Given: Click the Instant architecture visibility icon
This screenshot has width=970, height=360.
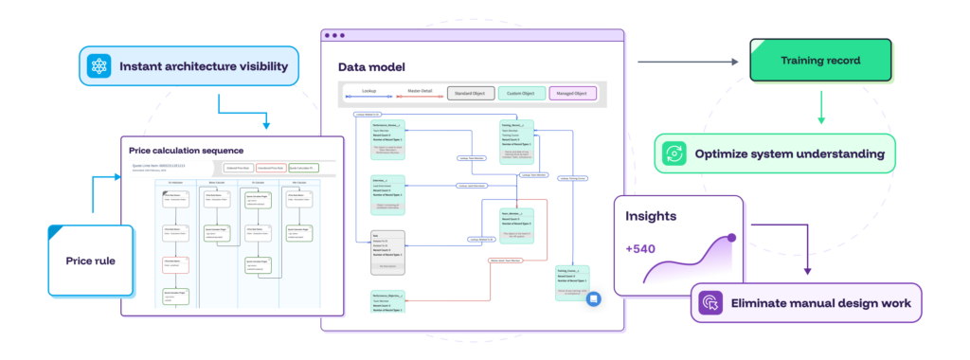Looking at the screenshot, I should point(99,66).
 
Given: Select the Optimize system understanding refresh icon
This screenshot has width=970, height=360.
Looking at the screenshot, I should point(674,153).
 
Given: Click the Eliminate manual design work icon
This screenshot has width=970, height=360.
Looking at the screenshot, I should point(710,303).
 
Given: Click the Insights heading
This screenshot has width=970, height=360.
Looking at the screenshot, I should point(651,216).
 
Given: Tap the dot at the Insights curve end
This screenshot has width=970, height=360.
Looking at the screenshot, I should point(732,238).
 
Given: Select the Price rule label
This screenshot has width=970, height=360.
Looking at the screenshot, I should point(90,260).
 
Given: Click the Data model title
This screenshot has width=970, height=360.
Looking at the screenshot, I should point(371,67).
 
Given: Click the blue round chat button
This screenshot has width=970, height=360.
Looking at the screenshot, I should point(594,298).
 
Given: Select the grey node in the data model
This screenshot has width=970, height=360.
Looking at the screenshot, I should point(386,252).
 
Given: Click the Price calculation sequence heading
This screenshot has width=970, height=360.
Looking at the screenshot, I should point(187,150).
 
